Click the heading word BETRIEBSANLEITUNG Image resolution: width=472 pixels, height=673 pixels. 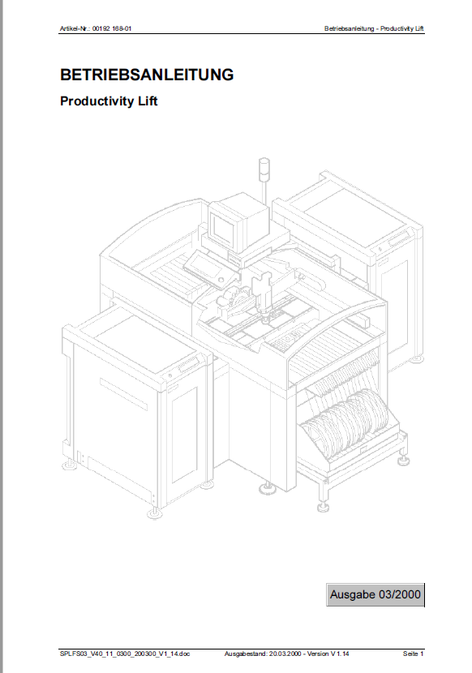pos(147,75)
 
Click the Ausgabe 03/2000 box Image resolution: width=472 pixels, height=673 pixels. pos(375,594)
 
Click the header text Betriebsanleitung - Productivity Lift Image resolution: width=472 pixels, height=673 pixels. pos(374,29)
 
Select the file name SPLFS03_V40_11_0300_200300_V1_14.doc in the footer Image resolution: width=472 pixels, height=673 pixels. pos(125,653)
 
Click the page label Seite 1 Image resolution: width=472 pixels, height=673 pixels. pos(413,653)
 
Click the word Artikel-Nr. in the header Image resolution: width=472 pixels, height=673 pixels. pos(75,29)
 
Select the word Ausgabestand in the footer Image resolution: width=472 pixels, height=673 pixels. pos(242,653)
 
